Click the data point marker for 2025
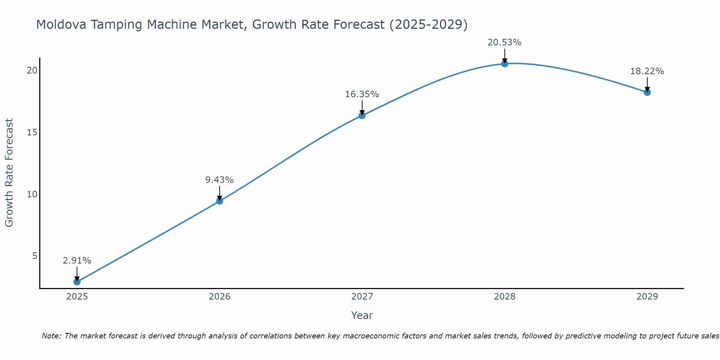pyautogui.click(x=77, y=282)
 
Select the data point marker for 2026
pyautogui.click(x=220, y=201)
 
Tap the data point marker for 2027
pyautogui.click(x=362, y=116)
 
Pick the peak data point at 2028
pyautogui.click(x=505, y=64)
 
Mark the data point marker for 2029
pyautogui.click(x=647, y=93)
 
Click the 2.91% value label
pyautogui.click(x=77, y=261)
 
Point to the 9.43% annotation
pyautogui.click(x=220, y=180)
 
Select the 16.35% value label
pyautogui.click(x=362, y=94)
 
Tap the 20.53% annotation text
pyautogui.click(x=505, y=42)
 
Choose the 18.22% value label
pyautogui.click(x=647, y=71)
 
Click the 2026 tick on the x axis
pyautogui.click(x=220, y=297)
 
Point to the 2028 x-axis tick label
pyautogui.click(x=505, y=297)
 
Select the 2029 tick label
pyautogui.click(x=647, y=297)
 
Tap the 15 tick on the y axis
pyautogui.click(x=32, y=132)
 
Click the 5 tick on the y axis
pyautogui.click(x=35, y=256)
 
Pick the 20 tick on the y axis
pyautogui.click(x=32, y=71)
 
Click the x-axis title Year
pyautogui.click(x=362, y=315)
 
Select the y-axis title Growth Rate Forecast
pyautogui.click(x=9, y=173)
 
